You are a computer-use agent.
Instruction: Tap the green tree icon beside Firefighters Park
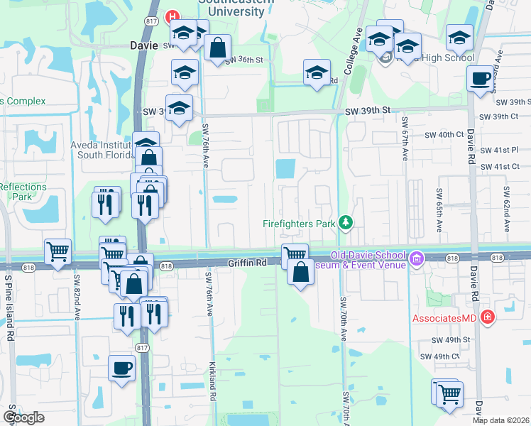click(x=346, y=223)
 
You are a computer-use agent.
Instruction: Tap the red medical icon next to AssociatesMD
click(x=487, y=317)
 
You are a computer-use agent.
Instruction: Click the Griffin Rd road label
click(x=246, y=262)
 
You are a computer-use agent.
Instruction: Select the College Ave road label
click(x=353, y=52)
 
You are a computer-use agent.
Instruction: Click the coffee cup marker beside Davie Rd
click(x=481, y=79)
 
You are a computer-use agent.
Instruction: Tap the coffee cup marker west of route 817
click(x=121, y=368)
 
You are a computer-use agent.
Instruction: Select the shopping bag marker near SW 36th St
click(x=217, y=49)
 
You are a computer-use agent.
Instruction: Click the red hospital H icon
click(x=171, y=16)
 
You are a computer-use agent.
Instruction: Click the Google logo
click(x=23, y=417)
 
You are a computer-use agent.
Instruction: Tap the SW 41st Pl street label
click(x=501, y=151)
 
